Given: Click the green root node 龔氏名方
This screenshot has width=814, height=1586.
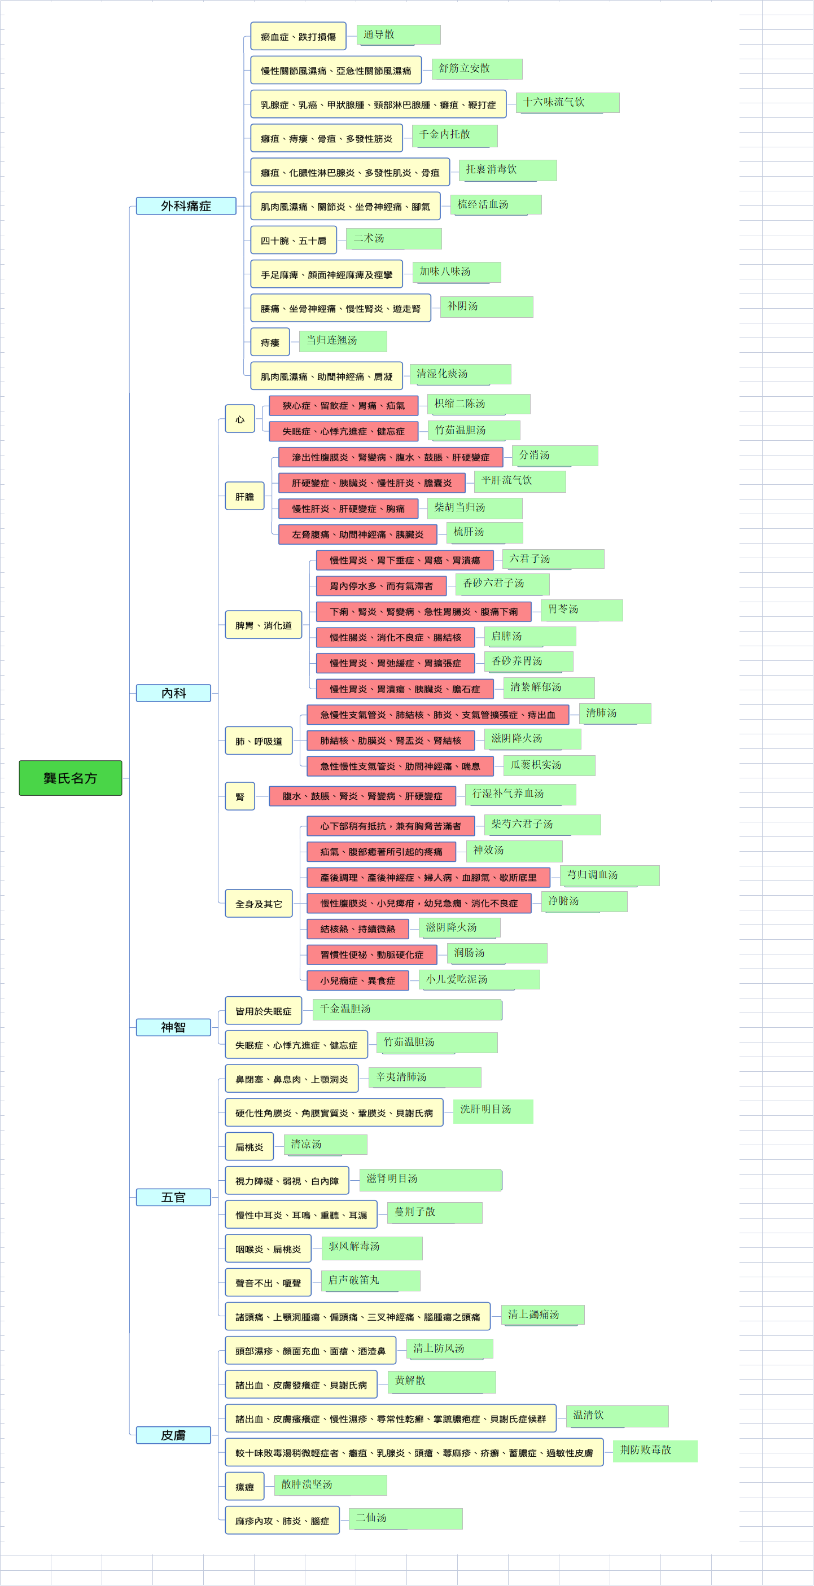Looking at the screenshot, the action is pyautogui.click(x=70, y=778).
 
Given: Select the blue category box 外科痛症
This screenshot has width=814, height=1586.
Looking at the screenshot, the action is pyautogui.click(x=186, y=205).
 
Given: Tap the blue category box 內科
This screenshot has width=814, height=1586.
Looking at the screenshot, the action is pyautogui.click(x=174, y=693).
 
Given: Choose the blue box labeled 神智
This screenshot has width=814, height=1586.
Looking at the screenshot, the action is pyautogui.click(x=174, y=1027).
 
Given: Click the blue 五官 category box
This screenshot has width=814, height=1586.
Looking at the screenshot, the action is pyautogui.click(x=174, y=1197).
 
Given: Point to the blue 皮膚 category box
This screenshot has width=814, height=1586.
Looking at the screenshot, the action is pyautogui.click(x=174, y=1435).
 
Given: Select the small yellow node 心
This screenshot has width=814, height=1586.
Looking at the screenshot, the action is pyautogui.click(x=240, y=419).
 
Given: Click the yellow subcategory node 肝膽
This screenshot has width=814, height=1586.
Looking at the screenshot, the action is pyautogui.click(x=244, y=496).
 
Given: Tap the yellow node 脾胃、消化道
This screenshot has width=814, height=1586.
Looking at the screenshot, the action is pyautogui.click(x=264, y=625).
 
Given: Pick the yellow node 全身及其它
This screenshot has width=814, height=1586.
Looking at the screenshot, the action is pyautogui.click(x=259, y=903).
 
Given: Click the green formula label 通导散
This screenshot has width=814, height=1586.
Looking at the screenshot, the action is pyautogui.click(x=399, y=34).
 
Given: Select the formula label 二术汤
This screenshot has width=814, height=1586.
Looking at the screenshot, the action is pyautogui.click(x=394, y=238).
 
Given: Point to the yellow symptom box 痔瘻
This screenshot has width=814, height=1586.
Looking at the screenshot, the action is pyautogui.click(x=270, y=343).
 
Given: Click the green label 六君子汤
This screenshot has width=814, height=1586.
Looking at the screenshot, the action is pyautogui.click(x=554, y=559).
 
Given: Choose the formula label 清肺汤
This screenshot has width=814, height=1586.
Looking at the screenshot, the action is pyautogui.click(x=615, y=713).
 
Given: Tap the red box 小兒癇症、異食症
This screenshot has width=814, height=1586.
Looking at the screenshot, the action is pyautogui.click(x=358, y=980).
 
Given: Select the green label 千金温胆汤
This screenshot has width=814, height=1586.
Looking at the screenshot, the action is pyautogui.click(x=408, y=1009).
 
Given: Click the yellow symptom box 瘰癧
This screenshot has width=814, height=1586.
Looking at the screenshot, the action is pyautogui.click(x=245, y=1486).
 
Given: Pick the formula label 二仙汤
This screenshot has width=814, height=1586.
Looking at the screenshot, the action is pyautogui.click(x=406, y=1518).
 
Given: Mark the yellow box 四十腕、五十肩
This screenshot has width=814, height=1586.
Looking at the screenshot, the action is pyautogui.click(x=294, y=240).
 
